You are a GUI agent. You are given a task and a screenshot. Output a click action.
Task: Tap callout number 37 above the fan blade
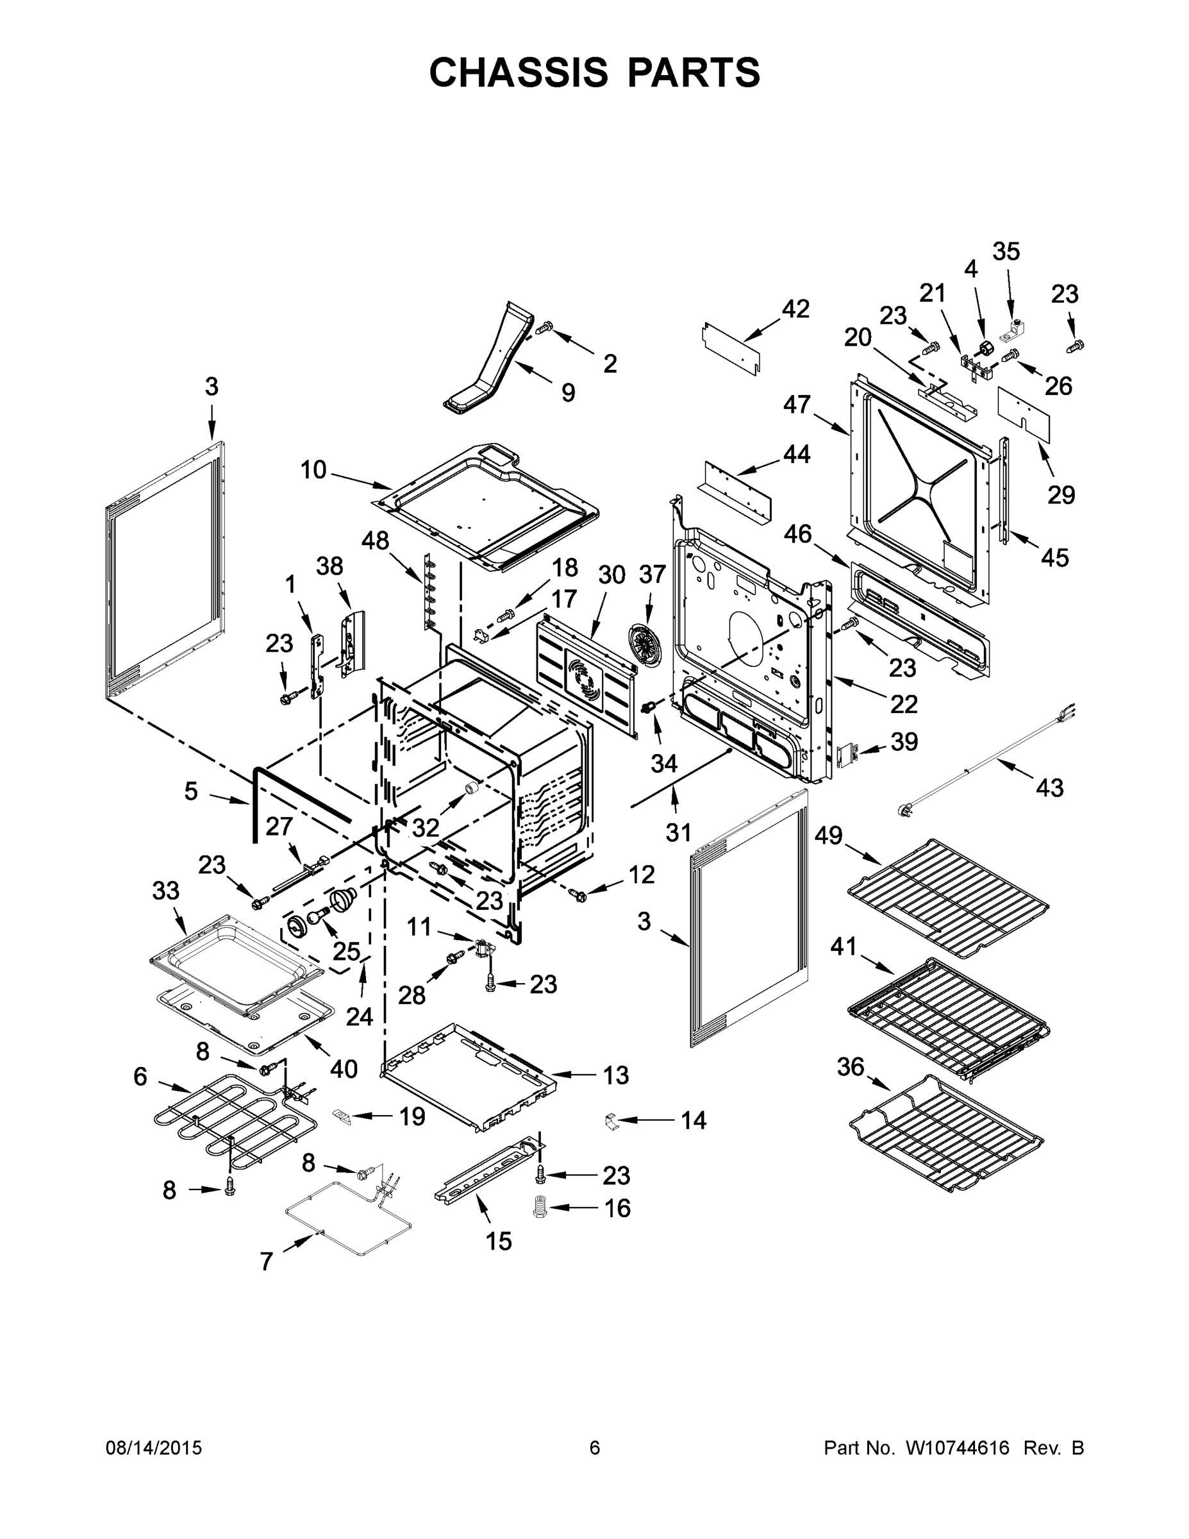pyautogui.click(x=652, y=575)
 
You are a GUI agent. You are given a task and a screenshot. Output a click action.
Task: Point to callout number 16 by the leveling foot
pyautogui.click(x=617, y=1208)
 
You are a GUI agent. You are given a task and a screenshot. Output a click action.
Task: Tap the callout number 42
pyautogui.click(x=796, y=308)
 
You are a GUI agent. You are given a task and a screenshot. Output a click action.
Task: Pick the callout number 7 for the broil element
pyautogui.click(x=266, y=1261)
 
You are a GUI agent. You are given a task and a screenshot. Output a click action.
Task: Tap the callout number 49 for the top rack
pyautogui.click(x=828, y=836)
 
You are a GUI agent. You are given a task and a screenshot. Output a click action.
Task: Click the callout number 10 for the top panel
pyautogui.click(x=313, y=469)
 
